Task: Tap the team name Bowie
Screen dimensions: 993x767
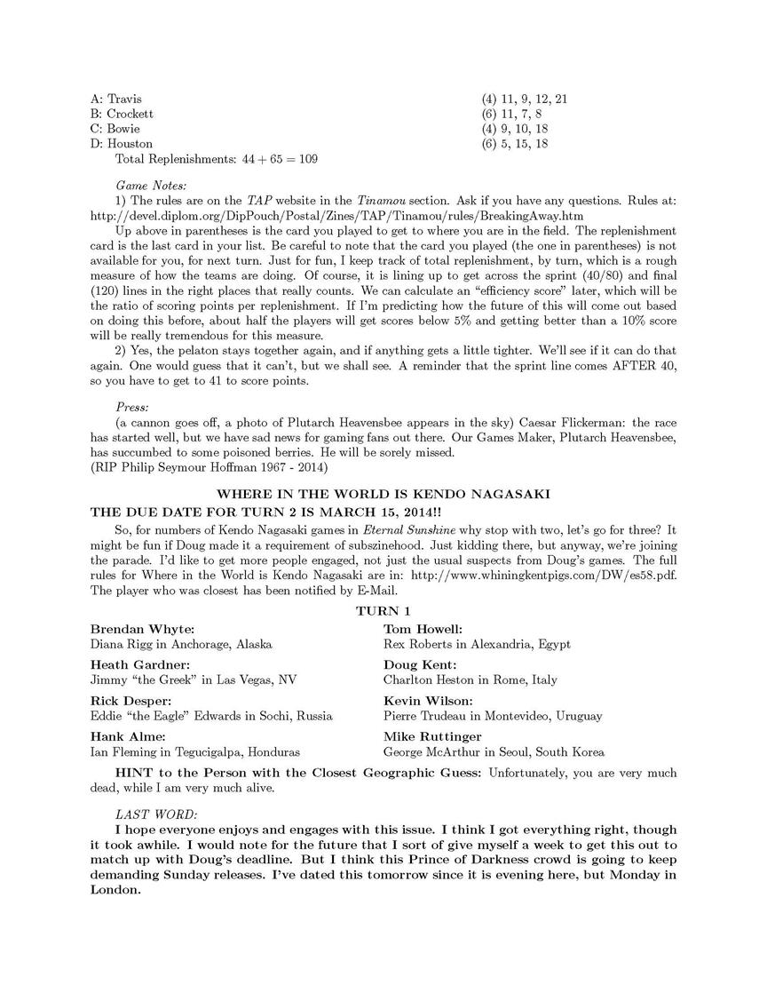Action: coord(123,129)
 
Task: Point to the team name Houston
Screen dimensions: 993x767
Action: coord(130,144)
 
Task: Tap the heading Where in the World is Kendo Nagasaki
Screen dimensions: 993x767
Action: coord(383,494)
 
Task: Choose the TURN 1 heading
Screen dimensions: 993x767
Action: coord(383,611)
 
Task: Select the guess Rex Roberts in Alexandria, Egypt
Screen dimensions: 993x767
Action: coord(477,644)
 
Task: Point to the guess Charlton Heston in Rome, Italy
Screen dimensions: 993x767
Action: coord(470,679)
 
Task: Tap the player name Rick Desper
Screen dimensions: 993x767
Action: coord(133,701)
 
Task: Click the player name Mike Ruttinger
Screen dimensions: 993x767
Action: coord(432,736)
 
